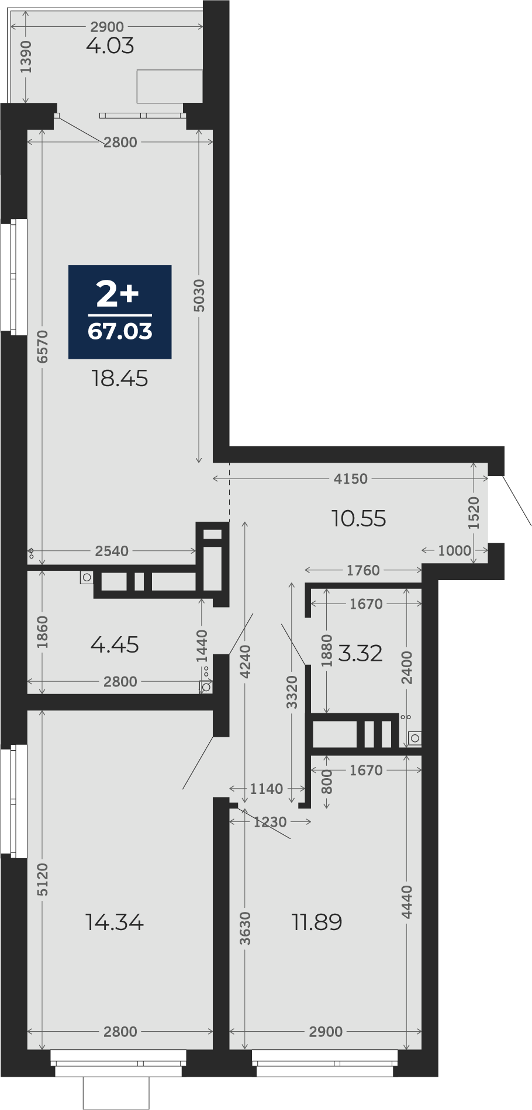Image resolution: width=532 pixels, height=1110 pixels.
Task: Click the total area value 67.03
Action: (120, 331)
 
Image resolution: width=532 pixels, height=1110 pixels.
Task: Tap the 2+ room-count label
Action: (118, 294)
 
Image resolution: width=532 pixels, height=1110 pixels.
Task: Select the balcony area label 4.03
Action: (110, 46)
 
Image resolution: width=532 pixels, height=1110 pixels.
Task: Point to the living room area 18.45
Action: (120, 379)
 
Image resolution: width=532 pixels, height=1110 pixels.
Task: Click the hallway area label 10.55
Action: (359, 518)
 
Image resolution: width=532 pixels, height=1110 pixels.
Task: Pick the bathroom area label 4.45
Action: (115, 645)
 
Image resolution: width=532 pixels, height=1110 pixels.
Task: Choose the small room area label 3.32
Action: (360, 653)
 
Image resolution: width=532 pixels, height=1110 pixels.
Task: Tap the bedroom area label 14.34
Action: (115, 922)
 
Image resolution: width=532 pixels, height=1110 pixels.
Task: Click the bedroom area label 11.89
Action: (317, 922)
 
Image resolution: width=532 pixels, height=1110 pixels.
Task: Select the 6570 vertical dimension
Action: (42, 346)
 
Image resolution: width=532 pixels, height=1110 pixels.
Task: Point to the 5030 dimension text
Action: (199, 296)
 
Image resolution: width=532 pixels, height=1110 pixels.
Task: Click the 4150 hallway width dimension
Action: (351, 479)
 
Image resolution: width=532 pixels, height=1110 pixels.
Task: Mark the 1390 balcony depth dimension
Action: (26, 57)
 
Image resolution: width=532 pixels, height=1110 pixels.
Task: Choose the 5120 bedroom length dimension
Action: (42, 880)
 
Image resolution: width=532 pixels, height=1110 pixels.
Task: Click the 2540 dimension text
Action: (112, 551)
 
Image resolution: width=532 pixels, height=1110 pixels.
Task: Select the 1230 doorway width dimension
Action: (270, 822)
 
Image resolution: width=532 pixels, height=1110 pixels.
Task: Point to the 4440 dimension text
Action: (407, 902)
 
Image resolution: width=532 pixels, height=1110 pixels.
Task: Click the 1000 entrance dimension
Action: (454, 550)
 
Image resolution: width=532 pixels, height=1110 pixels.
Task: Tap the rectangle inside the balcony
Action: (170, 86)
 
